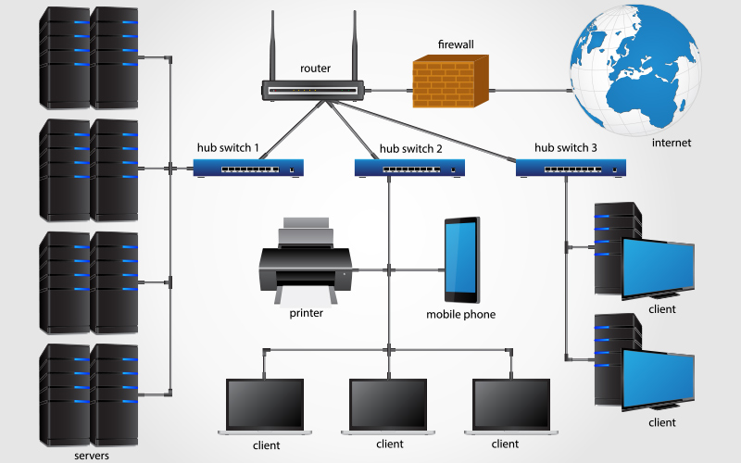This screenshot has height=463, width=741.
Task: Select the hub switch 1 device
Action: (x=249, y=168)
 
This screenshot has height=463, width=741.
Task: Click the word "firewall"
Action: (x=457, y=44)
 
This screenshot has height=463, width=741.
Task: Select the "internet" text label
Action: (x=672, y=143)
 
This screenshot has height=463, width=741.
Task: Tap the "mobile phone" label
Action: (x=460, y=315)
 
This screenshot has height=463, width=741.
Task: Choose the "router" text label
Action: (x=315, y=69)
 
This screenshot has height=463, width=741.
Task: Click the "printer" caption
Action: (x=306, y=313)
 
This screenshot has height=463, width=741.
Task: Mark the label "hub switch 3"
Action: (x=566, y=147)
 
